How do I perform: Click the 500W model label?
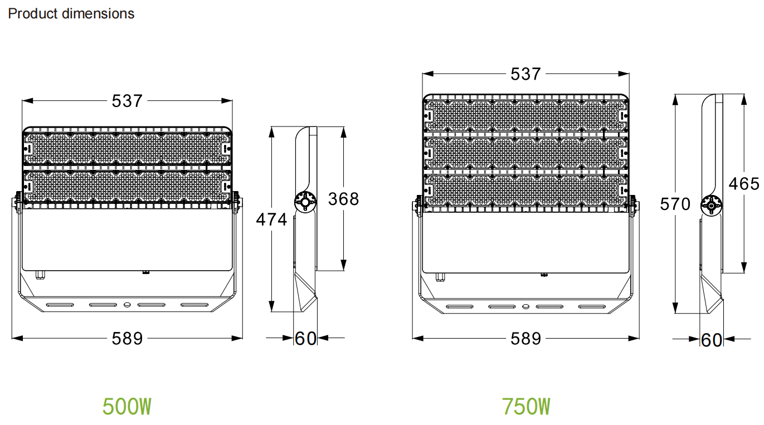click(x=126, y=406)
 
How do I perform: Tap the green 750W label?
click(x=525, y=406)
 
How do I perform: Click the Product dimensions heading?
click(x=71, y=13)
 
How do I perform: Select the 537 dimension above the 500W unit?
click(x=127, y=101)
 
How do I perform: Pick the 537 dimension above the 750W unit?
click(x=525, y=74)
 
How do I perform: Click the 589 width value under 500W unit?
click(x=127, y=339)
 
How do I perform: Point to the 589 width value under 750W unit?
click(x=525, y=339)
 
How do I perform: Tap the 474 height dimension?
click(x=271, y=219)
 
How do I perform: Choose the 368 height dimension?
click(x=343, y=199)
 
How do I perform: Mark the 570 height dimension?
click(x=675, y=204)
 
